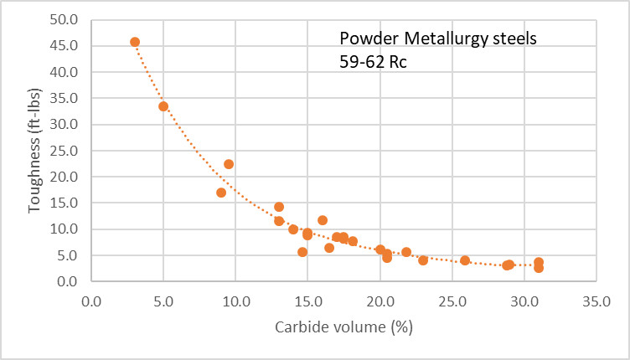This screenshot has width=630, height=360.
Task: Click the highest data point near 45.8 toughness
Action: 135,42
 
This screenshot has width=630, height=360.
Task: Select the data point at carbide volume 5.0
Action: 163,106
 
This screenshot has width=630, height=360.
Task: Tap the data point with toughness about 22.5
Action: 229,164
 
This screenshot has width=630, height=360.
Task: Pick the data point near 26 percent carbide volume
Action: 465,260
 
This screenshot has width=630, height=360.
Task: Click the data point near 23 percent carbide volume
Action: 423,260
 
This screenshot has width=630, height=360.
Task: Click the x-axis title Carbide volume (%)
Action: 343,327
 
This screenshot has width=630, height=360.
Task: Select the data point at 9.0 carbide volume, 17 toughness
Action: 221,193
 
